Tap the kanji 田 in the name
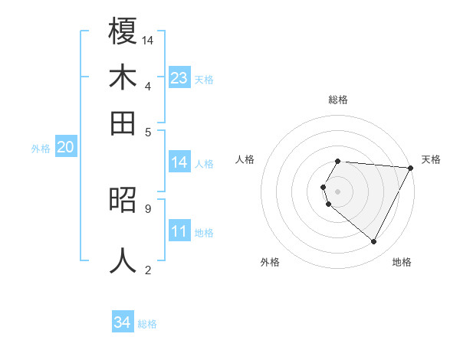[123, 123]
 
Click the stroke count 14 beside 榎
[148, 40]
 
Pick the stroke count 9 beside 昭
[147, 208]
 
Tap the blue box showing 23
[179, 77]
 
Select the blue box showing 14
[179, 162]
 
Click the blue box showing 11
[179, 231]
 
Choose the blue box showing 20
[65, 148]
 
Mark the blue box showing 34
[122, 322]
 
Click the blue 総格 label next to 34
[147, 324]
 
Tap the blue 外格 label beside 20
[41, 149]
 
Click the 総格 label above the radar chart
[337, 100]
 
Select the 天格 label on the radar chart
[431, 159]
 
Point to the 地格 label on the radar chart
[402, 262]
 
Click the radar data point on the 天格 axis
[410, 168]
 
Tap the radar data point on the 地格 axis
[374, 242]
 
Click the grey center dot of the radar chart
[337, 191]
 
